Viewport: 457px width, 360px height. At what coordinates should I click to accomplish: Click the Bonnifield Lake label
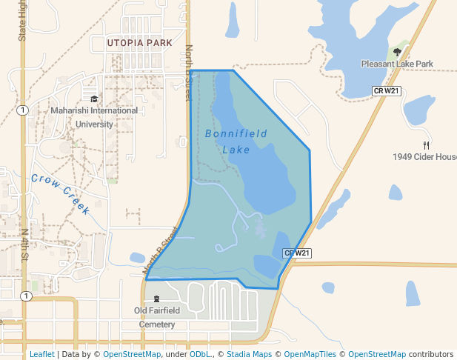click(x=236, y=141)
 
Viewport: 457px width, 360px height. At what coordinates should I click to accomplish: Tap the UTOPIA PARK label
click(x=139, y=43)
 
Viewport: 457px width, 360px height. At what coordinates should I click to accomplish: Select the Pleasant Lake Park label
click(x=397, y=64)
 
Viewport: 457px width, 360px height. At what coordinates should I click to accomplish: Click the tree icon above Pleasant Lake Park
click(x=397, y=52)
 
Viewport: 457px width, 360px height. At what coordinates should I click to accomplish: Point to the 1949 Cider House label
click(x=425, y=157)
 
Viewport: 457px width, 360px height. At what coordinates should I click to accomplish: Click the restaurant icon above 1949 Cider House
click(x=425, y=145)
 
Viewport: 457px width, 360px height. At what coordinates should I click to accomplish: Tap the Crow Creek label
click(x=61, y=193)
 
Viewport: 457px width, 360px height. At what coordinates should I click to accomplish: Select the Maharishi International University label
click(x=94, y=117)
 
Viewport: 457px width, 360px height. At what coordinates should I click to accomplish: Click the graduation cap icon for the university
click(x=94, y=99)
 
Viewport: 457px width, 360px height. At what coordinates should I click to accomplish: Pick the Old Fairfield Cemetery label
click(x=155, y=317)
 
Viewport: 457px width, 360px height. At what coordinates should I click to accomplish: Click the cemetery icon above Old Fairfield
click(x=156, y=299)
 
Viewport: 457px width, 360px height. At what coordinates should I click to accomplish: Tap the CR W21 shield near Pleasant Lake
click(x=386, y=90)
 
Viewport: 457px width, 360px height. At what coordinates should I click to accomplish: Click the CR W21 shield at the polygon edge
click(x=297, y=253)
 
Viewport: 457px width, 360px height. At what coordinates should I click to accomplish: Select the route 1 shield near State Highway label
click(x=24, y=110)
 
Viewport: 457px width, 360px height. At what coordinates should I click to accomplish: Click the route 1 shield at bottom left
click(x=26, y=296)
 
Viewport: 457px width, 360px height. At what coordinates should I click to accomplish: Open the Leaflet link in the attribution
click(x=41, y=355)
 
